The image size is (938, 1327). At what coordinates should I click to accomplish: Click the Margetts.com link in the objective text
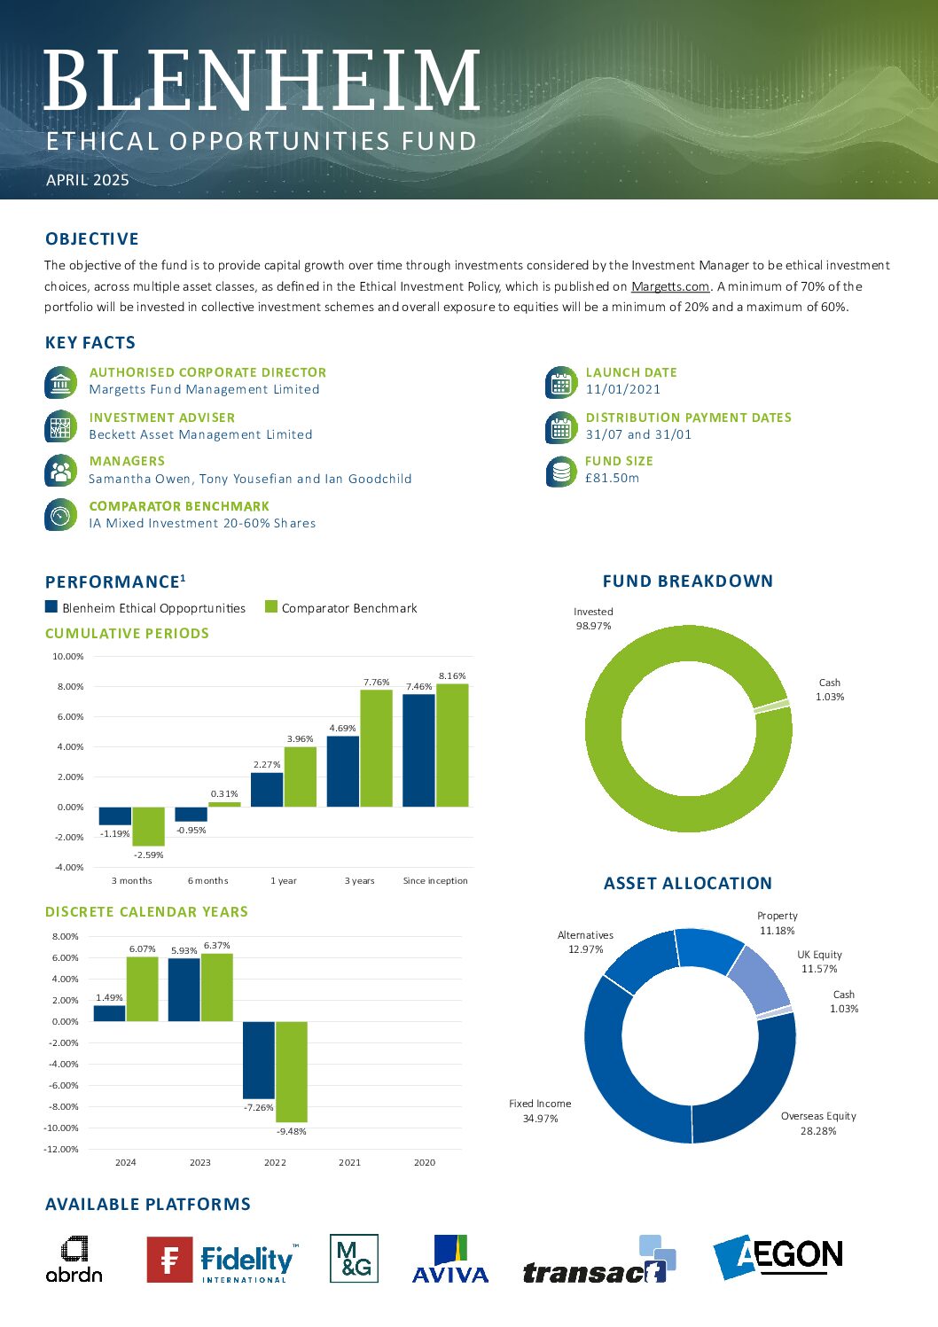point(670,286)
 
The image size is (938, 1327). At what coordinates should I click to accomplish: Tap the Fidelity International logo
point(223,1260)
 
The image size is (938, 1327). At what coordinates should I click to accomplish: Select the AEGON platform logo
point(778,1257)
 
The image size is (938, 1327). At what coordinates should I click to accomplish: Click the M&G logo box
point(354,1258)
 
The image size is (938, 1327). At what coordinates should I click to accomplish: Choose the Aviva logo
point(450,1259)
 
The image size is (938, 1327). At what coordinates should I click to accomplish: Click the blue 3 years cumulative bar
point(343,771)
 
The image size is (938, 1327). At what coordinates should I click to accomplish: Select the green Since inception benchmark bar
point(452,745)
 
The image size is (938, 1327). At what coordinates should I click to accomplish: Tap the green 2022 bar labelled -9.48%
point(292,1072)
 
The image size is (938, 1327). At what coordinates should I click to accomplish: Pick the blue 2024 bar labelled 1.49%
point(110,1013)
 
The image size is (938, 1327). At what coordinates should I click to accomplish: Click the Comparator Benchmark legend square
point(270,606)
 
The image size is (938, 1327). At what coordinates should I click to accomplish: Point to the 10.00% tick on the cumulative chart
point(68,656)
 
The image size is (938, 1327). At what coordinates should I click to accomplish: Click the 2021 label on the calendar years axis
point(349,1162)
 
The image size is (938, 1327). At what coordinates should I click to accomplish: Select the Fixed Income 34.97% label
point(540,1111)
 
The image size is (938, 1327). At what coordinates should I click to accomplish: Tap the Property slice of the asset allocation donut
point(708,949)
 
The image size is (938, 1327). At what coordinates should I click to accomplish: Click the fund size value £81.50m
point(612,478)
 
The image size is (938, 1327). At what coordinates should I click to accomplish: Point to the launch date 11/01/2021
point(622,389)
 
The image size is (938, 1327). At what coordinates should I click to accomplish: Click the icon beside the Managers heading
point(60,471)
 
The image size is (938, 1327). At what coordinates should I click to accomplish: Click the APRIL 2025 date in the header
point(88,180)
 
